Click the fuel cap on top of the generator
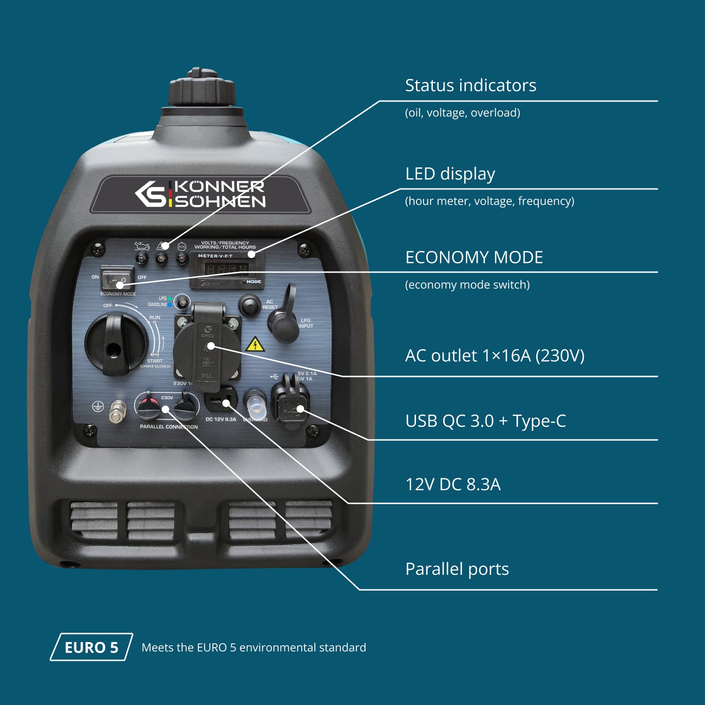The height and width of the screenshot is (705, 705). coord(202,89)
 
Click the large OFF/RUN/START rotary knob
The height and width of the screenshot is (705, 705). coord(116,344)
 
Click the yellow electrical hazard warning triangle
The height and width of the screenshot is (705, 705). coord(255,345)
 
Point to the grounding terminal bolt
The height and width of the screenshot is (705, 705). coord(117,412)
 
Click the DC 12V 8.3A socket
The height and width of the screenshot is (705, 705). coord(220,400)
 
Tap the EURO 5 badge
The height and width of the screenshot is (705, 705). coord(92,647)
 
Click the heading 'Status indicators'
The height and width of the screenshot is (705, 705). coord(470,86)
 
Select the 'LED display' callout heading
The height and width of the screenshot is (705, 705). coord(450,174)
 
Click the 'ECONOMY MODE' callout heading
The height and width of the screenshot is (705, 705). coord(474,258)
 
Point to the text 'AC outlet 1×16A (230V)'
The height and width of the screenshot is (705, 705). coord(494,356)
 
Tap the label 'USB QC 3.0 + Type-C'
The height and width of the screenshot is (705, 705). coord(485,421)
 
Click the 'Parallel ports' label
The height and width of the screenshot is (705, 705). coord(457,569)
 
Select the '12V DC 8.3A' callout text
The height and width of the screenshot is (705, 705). coord(453,485)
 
